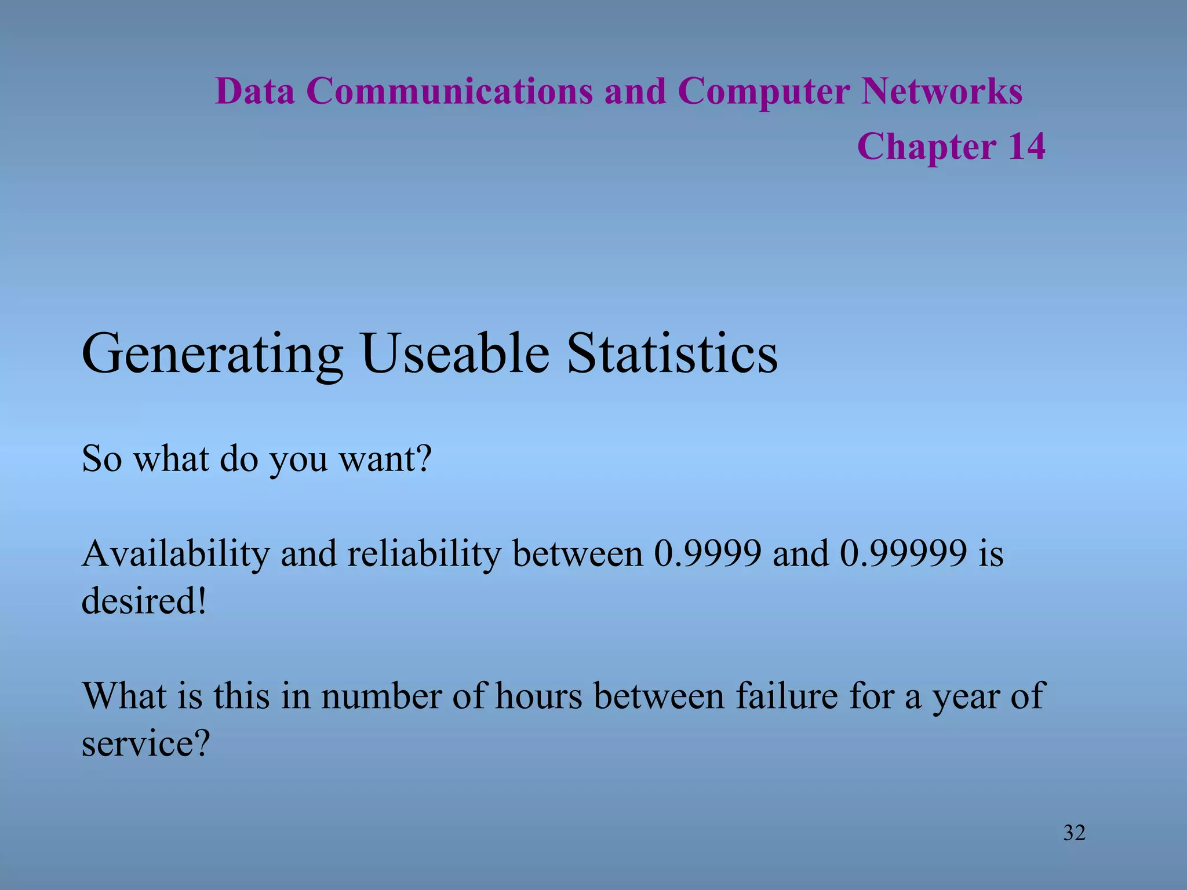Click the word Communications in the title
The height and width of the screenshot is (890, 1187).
click(x=449, y=92)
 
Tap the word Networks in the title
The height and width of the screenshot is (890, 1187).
click(x=941, y=92)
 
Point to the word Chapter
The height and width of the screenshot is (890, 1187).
click(x=926, y=147)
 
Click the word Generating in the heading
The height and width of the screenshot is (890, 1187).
click(x=212, y=355)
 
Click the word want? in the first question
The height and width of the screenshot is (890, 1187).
click(x=385, y=459)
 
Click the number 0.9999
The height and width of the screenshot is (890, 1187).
click(x=707, y=554)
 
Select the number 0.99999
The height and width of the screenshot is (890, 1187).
click(x=903, y=554)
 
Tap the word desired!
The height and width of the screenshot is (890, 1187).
click(x=144, y=601)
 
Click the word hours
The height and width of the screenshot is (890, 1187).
click(x=538, y=696)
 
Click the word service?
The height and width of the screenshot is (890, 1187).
click(x=145, y=743)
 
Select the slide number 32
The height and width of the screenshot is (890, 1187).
click(x=1074, y=833)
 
